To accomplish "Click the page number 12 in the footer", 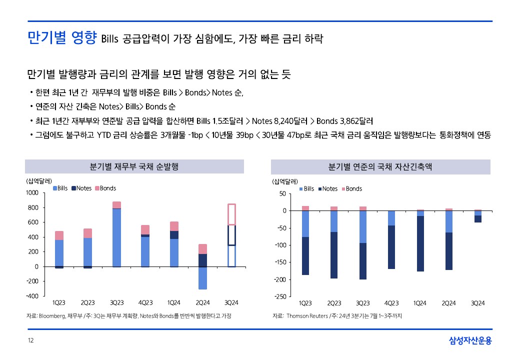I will tap(30, 340).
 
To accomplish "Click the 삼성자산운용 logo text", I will tap(469, 341).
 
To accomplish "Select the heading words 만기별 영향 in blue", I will tap(61, 38).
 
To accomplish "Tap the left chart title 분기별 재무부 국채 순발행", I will tap(134, 166).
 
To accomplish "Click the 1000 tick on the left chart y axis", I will tap(32, 192).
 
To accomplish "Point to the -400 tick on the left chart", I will tap(32, 296).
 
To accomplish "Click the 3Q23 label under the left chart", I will tap(116, 303).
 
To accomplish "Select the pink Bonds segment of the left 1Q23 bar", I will tap(59, 235).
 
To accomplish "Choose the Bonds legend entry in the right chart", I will tap(353, 188).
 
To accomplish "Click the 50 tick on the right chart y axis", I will tap(282, 193).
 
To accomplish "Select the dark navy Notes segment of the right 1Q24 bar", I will tap(420, 243).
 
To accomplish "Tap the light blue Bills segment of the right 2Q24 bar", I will tap(448, 221).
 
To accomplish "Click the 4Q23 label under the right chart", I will tap(391, 303).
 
